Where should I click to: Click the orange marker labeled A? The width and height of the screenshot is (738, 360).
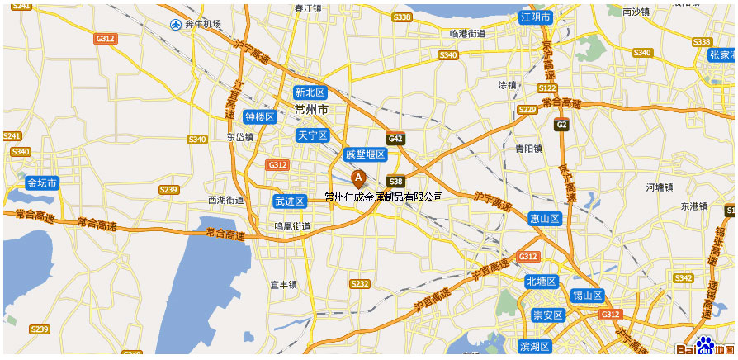[358, 178]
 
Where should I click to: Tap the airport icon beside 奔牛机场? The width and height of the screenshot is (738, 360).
[175, 25]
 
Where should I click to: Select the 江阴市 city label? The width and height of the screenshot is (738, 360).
[535, 17]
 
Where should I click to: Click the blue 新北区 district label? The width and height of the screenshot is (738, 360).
[310, 92]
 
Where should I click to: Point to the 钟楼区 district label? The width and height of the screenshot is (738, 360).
[259, 117]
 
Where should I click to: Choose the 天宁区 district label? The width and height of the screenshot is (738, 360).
[312, 135]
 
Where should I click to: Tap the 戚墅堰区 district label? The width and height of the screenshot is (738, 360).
[365, 154]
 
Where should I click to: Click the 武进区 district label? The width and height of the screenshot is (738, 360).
[289, 201]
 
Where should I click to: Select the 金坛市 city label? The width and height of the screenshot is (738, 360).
[41, 183]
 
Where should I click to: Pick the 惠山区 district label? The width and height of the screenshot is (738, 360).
[545, 219]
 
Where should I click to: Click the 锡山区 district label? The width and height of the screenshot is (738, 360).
[588, 296]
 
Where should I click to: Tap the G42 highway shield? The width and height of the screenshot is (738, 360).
[396, 139]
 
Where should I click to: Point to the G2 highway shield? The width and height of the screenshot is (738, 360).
[561, 125]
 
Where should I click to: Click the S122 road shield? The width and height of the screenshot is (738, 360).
[546, 88]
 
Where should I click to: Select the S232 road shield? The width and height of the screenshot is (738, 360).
[360, 284]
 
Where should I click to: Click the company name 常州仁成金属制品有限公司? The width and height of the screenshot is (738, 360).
[384, 197]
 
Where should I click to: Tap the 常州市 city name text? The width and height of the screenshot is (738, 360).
[312, 110]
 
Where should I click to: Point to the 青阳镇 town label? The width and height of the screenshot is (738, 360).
[528, 149]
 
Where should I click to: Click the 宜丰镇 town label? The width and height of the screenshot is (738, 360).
[283, 285]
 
